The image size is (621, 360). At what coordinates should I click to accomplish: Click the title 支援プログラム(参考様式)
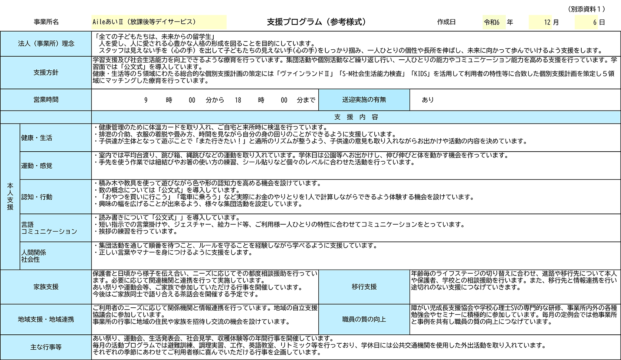316,22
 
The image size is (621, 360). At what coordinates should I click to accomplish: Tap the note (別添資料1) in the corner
586,9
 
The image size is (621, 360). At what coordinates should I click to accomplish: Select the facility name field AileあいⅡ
159,22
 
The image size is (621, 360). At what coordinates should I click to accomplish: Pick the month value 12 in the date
547,22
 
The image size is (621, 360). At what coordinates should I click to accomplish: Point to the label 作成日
446,22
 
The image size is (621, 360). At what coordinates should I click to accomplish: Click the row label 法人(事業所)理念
46,43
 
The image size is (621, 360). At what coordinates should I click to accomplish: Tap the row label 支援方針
46,73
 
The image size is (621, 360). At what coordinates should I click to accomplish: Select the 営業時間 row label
46,100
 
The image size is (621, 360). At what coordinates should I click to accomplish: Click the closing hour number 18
238,100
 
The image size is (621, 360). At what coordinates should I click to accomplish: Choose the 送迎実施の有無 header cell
364,100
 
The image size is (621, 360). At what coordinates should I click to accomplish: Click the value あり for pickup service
427,100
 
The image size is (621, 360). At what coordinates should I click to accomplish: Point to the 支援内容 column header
356,117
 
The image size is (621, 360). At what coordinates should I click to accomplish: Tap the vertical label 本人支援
10,196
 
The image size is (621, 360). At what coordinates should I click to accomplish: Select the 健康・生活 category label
37,138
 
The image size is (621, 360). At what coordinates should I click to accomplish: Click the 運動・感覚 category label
37,166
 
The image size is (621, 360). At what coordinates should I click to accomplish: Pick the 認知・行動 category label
37,197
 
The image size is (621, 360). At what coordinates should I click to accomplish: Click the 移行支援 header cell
364,287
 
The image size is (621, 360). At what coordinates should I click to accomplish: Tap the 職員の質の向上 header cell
364,319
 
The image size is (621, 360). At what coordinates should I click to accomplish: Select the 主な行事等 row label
46,347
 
